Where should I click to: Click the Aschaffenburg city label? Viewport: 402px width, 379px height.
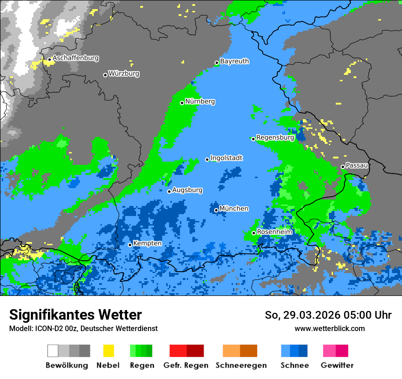pos(75,58)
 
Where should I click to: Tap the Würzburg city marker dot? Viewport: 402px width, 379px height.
pos(105,75)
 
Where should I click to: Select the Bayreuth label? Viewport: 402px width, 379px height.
pos(234,61)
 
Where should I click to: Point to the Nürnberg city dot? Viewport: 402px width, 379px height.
pos(182,103)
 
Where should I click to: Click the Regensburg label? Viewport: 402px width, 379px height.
pos(275,137)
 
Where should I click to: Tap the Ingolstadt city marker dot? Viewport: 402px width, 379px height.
pos(207,159)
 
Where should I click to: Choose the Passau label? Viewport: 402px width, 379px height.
pos(357,165)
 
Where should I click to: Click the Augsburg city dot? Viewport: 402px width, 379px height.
pos(169,191)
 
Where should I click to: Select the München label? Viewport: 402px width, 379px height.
pos(234,209)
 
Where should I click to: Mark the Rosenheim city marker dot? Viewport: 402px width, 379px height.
pos(254,233)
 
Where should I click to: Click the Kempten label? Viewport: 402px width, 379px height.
pos(147,243)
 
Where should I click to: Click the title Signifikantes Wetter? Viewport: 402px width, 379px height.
pos(75,315)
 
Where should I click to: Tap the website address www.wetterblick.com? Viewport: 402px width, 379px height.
pos(329,328)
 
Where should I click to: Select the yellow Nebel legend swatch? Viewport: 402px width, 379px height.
pos(108,351)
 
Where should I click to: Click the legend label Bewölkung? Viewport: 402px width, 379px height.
pos(67,365)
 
